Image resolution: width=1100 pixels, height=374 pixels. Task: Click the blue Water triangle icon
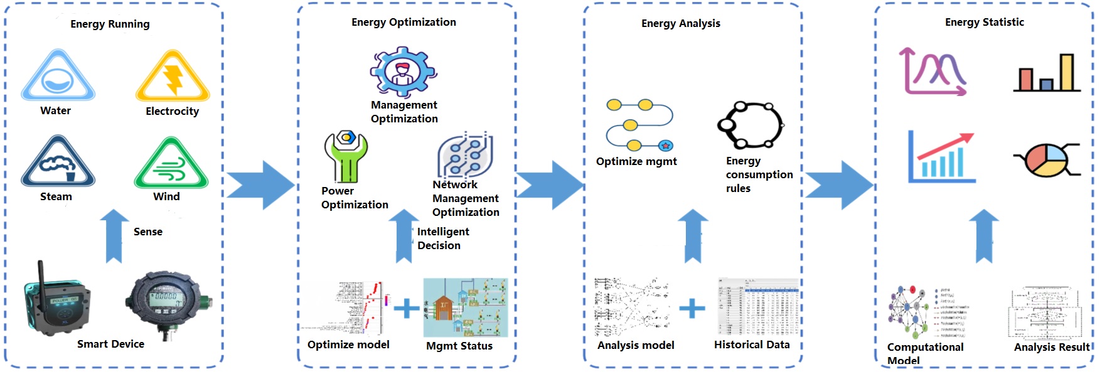[x=58, y=77]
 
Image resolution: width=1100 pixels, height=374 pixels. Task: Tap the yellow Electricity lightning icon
[x=173, y=77]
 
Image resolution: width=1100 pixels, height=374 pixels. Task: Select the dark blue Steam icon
[x=58, y=162]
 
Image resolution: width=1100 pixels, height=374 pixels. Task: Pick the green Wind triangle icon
[x=171, y=164]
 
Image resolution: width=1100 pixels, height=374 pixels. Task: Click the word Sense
[x=148, y=232]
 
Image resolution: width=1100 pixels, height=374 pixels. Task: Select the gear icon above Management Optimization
[x=403, y=72]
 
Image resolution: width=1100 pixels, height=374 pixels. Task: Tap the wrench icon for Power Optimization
[x=345, y=157]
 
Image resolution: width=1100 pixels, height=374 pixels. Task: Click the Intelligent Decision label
[x=442, y=238]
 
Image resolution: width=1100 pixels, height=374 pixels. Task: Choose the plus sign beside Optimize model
[x=407, y=308]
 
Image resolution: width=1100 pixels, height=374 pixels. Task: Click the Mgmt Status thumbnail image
[x=466, y=308]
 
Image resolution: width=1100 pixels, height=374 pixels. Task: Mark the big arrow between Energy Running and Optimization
[x=260, y=185]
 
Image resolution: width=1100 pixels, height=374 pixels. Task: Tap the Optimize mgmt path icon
[x=639, y=126]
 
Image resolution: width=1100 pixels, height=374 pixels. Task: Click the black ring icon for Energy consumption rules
[x=750, y=125]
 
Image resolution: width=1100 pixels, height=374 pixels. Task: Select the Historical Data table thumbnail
[x=758, y=307]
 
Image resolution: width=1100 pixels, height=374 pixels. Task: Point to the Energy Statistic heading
[x=984, y=23]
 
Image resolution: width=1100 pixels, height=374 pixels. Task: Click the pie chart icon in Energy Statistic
[x=1047, y=159]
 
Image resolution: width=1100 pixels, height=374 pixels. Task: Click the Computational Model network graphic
[x=908, y=312]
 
